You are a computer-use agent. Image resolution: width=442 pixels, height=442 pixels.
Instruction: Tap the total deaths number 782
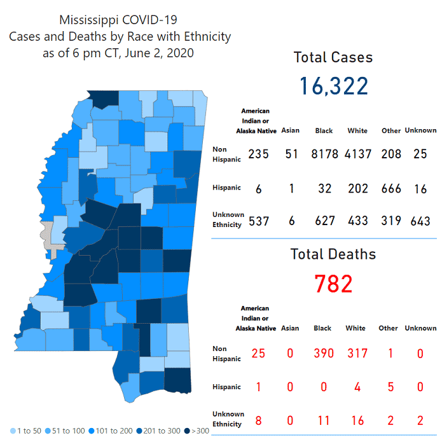point(333,283)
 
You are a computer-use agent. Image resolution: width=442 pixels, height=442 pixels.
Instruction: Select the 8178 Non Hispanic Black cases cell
point(324,154)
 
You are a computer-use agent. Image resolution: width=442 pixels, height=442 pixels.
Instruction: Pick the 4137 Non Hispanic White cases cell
point(357,154)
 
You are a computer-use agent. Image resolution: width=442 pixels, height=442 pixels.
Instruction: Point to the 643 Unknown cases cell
point(420,221)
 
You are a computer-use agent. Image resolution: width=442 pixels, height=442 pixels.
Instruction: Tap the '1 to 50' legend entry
point(27,431)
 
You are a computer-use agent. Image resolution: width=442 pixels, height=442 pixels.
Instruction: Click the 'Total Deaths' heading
point(333,254)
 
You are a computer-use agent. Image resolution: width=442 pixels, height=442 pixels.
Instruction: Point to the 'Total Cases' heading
point(333,57)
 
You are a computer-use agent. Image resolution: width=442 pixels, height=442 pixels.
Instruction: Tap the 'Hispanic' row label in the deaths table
point(226,387)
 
